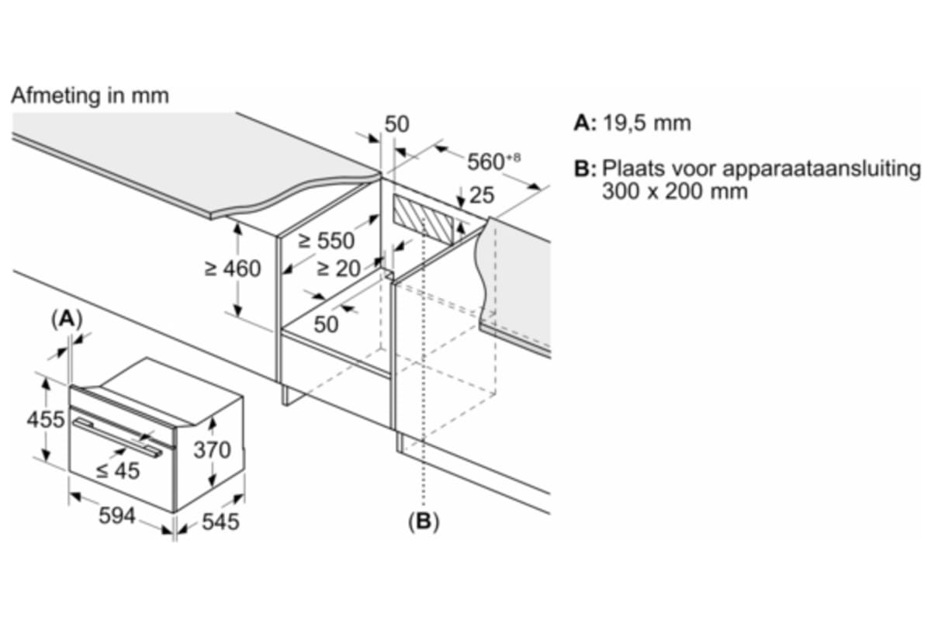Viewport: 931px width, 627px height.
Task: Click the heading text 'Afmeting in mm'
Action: point(90,96)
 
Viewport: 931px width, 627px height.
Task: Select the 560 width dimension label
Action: point(493,161)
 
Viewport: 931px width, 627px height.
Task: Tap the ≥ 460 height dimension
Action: point(233,268)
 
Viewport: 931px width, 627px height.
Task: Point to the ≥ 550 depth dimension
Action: point(327,241)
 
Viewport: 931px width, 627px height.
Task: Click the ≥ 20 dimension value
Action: point(338,268)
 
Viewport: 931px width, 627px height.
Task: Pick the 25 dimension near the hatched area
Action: point(482,195)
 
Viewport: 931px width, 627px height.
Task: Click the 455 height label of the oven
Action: point(46,419)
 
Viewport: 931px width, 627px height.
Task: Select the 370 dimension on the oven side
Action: point(212,449)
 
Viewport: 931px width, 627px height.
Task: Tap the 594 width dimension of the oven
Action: point(117,516)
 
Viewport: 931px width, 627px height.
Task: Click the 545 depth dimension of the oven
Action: point(220,521)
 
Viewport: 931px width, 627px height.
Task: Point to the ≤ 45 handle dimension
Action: point(118,471)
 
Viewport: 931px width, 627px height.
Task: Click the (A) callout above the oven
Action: point(67,320)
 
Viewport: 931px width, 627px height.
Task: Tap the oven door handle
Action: point(118,438)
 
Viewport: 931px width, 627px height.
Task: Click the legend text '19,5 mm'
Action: point(647,123)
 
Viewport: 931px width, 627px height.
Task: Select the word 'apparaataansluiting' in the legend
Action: point(822,170)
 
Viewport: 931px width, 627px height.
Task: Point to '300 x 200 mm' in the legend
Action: point(674,192)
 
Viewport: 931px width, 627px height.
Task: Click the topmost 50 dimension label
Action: point(397,124)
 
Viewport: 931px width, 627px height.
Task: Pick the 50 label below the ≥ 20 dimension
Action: point(326,324)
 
